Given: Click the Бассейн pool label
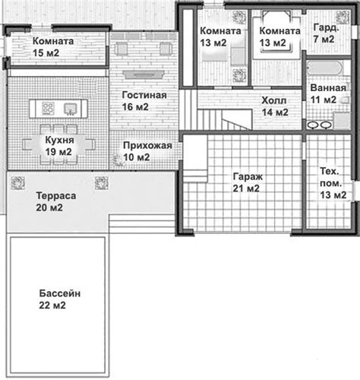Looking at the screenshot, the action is click(60, 299).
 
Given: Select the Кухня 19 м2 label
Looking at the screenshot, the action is click(59, 146).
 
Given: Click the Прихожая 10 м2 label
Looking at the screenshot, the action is click(147, 151).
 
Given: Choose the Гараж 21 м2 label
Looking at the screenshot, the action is click(248, 182).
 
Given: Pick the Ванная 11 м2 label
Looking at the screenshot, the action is click(328, 93).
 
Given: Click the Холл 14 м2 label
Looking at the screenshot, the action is click(275, 106).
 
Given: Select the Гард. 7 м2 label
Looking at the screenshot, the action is click(326, 33).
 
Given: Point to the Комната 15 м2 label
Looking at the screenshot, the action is click(53, 47).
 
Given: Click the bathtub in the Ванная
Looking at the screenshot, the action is click(325, 68).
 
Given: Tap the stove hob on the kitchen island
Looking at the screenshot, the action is click(48, 109).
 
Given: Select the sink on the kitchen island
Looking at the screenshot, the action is click(71, 109).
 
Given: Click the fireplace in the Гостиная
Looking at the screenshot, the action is click(144, 74).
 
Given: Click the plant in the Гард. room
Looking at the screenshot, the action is click(343, 17).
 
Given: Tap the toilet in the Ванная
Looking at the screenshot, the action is click(345, 100).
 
